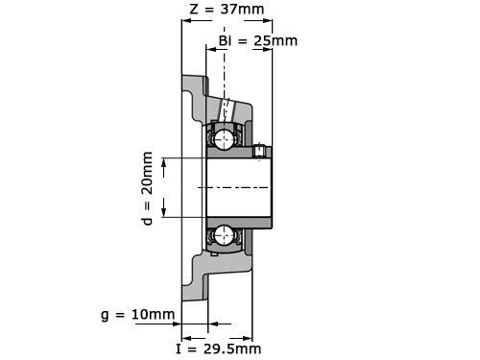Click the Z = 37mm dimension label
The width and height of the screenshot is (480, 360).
point(227,10)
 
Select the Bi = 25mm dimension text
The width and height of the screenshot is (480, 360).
point(258,40)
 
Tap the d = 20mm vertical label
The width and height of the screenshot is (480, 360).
point(147,188)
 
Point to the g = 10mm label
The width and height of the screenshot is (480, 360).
point(138,315)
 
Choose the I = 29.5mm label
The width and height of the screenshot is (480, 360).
point(219,348)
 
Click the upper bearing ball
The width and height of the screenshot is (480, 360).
point(224,139)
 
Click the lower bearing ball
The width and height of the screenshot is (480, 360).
point(224,235)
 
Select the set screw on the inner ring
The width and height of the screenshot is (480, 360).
point(259,151)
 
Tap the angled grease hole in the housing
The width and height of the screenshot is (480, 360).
point(227,110)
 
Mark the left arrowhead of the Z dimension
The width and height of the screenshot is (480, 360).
point(186,21)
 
